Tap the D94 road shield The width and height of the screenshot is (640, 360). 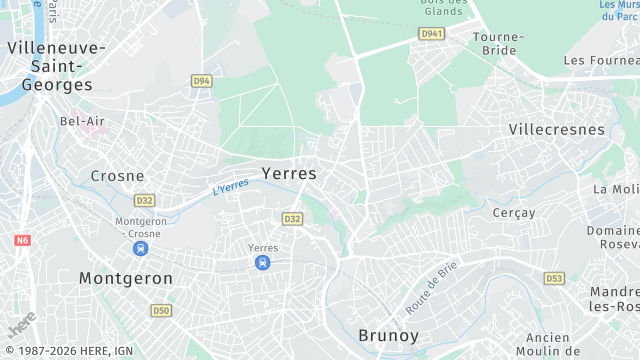point(202,80)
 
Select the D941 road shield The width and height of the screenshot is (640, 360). point(430,33)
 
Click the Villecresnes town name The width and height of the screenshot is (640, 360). point(556,130)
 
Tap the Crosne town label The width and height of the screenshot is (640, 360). point(117,175)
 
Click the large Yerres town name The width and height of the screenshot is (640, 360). point(288,173)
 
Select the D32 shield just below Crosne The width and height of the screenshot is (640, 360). point(145,200)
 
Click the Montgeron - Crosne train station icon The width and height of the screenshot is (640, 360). point(141,247)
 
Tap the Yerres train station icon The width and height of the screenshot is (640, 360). point(262,263)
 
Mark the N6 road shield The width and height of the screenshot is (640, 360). point(23,241)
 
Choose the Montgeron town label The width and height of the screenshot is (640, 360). point(125,277)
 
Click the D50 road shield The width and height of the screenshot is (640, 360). point(161,311)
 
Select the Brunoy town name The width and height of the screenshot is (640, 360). point(388,335)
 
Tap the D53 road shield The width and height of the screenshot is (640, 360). point(554,278)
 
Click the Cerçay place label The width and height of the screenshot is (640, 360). point(513,213)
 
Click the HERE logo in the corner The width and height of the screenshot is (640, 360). point(22,325)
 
